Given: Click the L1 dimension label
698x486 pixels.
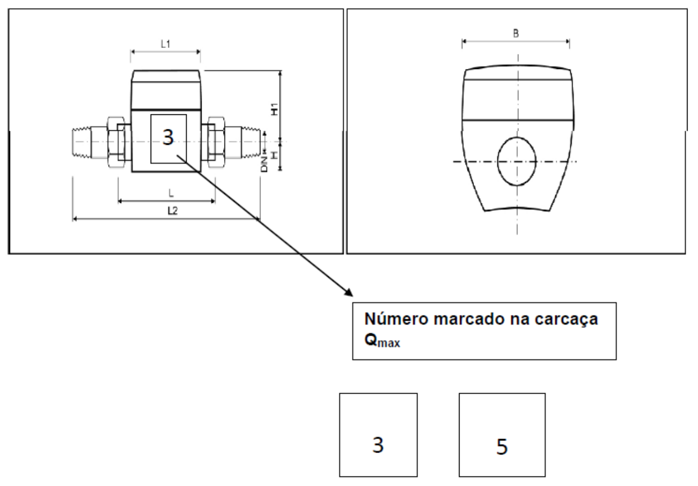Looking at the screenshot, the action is click(166, 44).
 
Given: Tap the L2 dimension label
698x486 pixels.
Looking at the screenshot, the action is click(173, 211).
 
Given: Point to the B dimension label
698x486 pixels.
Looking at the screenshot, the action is click(516, 33).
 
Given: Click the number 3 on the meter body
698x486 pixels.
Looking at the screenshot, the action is click(168, 137).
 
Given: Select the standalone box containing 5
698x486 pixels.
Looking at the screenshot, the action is click(502, 435).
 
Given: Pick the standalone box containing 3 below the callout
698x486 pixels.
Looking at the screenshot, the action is click(378, 435).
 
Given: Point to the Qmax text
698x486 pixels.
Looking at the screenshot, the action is click(382, 341).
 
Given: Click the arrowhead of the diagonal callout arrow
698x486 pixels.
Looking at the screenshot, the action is click(349, 292).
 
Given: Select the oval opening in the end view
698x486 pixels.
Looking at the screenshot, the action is click(517, 161).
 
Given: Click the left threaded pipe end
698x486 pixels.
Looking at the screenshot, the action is click(82, 142).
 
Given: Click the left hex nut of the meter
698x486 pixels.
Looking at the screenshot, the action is click(116, 142).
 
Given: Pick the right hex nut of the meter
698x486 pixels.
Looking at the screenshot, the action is click(216, 142).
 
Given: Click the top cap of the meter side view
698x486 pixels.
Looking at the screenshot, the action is click(166, 76).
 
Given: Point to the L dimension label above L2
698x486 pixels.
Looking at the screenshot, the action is click(171, 193).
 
